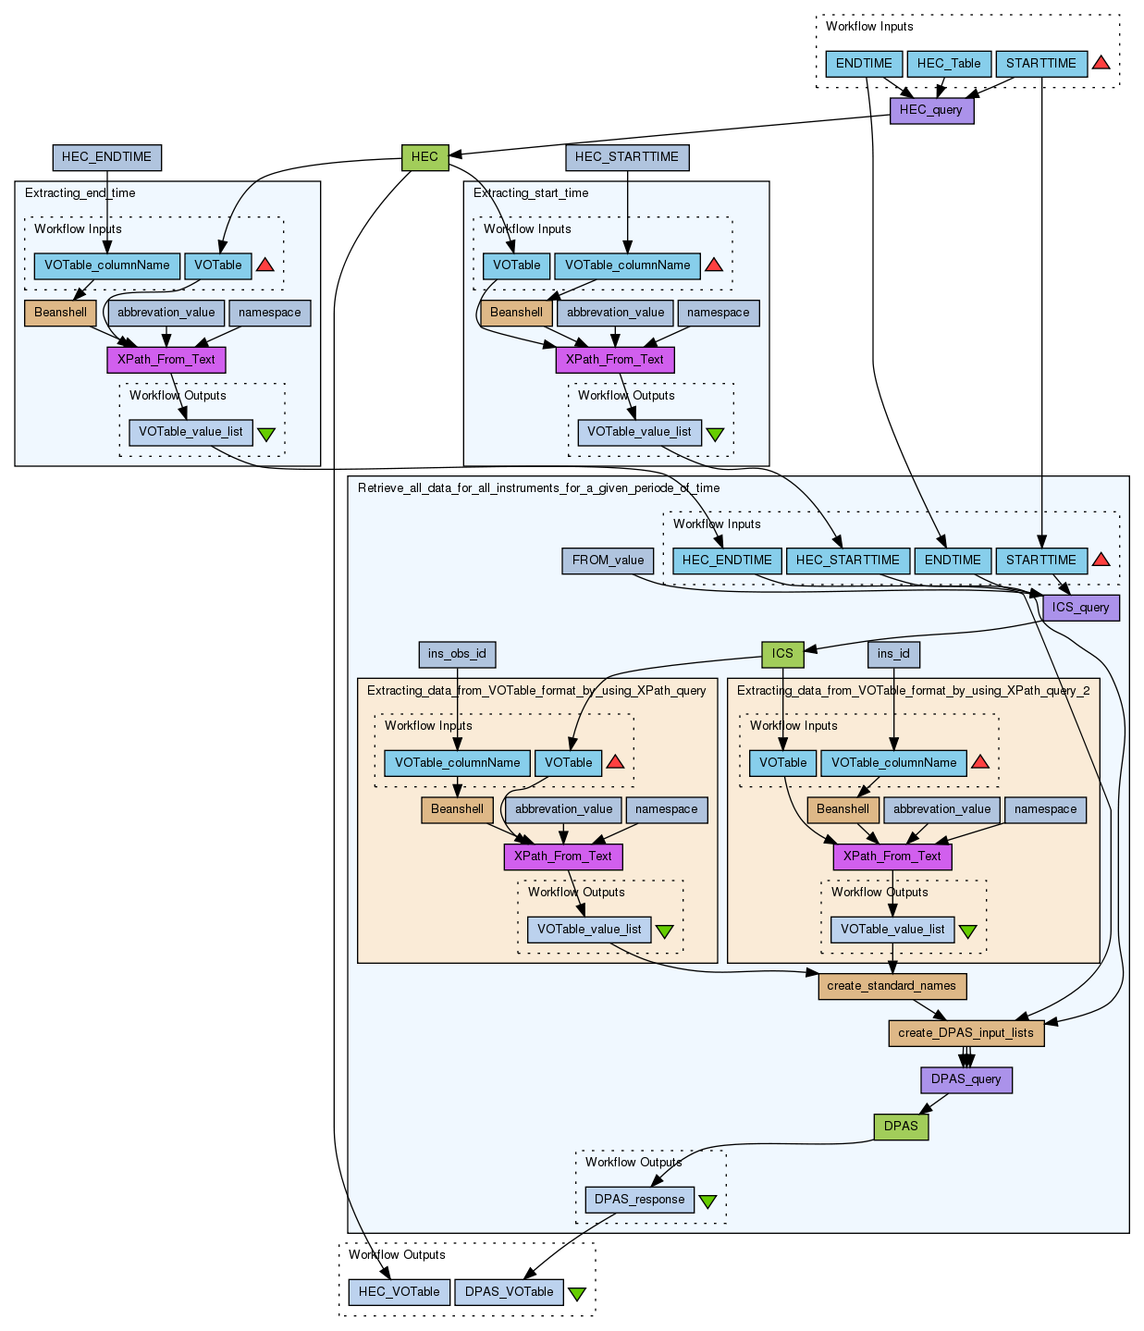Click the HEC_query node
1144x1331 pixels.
(931, 110)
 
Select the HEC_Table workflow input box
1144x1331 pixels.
(949, 64)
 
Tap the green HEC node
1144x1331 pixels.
(424, 157)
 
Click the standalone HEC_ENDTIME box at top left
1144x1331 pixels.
(106, 157)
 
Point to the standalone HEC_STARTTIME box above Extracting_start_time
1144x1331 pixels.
(627, 157)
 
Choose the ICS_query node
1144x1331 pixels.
(1080, 608)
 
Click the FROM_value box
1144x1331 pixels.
(608, 561)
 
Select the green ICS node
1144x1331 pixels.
(782, 654)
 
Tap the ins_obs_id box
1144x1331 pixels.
(457, 654)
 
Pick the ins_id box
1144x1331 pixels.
(893, 654)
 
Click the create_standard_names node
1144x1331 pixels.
(892, 986)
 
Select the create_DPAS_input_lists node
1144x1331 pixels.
(966, 1033)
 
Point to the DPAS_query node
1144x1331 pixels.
(966, 1079)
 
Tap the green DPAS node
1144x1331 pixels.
(901, 1127)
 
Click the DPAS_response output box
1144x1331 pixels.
(639, 1200)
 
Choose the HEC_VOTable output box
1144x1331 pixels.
(400, 1292)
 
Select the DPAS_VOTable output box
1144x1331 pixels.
(509, 1292)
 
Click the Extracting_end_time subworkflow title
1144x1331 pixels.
(80, 193)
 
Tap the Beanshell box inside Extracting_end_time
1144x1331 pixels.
(60, 313)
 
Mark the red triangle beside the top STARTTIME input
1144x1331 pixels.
(1101, 63)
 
